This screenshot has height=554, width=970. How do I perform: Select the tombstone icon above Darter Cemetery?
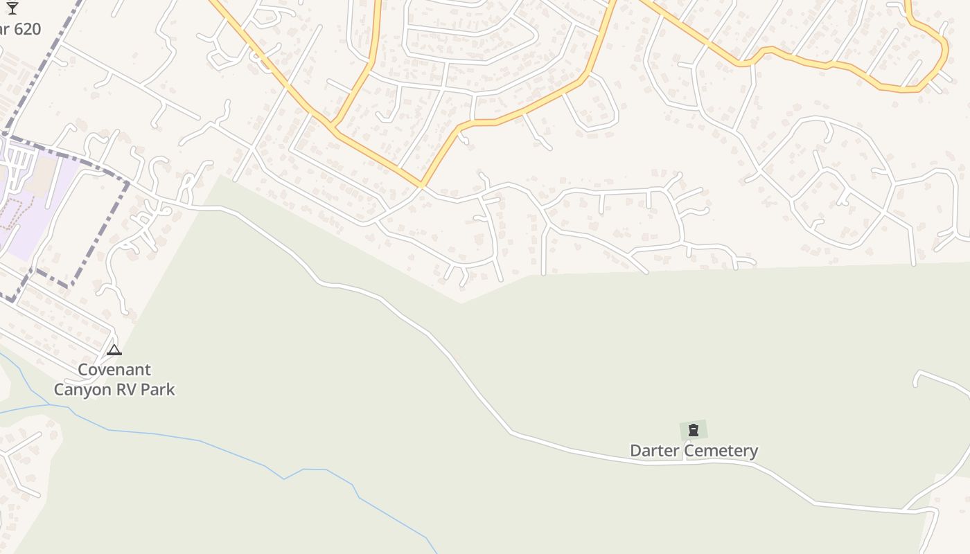693,430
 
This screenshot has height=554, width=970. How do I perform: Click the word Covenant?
114,370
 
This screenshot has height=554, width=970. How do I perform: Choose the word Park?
158,390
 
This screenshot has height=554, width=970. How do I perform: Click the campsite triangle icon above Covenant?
114,350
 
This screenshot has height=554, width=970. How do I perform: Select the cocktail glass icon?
12,8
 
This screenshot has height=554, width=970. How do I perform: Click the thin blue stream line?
201,440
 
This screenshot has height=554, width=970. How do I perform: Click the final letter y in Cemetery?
753,452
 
